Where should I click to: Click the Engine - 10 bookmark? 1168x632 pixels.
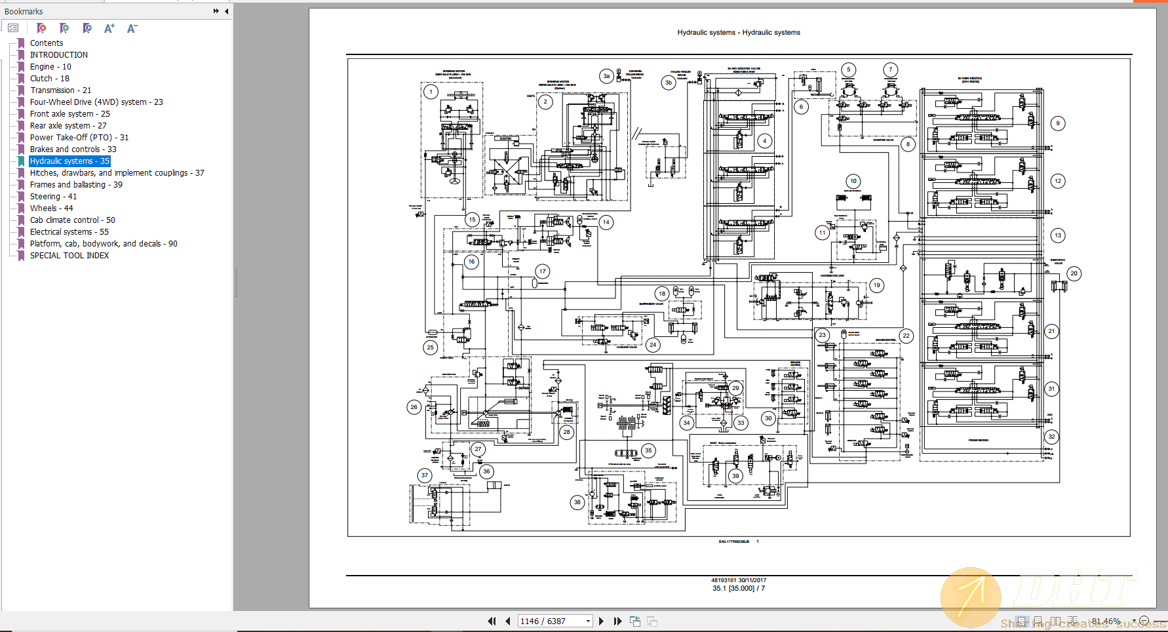pos(50,67)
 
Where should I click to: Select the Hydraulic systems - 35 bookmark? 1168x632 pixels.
pos(69,161)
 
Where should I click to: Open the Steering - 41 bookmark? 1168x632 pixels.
pos(53,197)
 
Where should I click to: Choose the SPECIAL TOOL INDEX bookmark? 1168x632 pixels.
pos(69,256)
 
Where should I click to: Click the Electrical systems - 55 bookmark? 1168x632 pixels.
pos(69,232)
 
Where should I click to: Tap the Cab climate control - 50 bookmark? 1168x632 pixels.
pos(72,220)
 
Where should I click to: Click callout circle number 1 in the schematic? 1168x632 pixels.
pos(431,92)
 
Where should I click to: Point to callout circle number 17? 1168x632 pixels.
pos(542,271)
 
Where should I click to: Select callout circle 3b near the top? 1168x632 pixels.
pos(668,83)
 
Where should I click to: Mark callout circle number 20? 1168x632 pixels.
pos(1074,273)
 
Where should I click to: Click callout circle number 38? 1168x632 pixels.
pos(577,502)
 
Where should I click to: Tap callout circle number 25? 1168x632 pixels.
pos(430,347)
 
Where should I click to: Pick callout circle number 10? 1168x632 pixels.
pos(853,181)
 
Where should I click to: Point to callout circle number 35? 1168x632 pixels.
pos(648,450)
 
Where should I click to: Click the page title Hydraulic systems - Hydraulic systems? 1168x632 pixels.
pos(739,32)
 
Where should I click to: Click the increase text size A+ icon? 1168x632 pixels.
pos(109,28)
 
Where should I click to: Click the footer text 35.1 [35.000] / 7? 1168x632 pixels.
pos(739,588)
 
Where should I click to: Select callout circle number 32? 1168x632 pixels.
pos(1051,437)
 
